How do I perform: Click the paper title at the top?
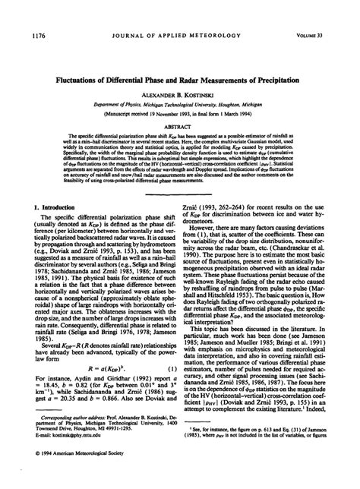[x=180, y=80]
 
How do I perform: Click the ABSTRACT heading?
[x=180, y=129]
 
